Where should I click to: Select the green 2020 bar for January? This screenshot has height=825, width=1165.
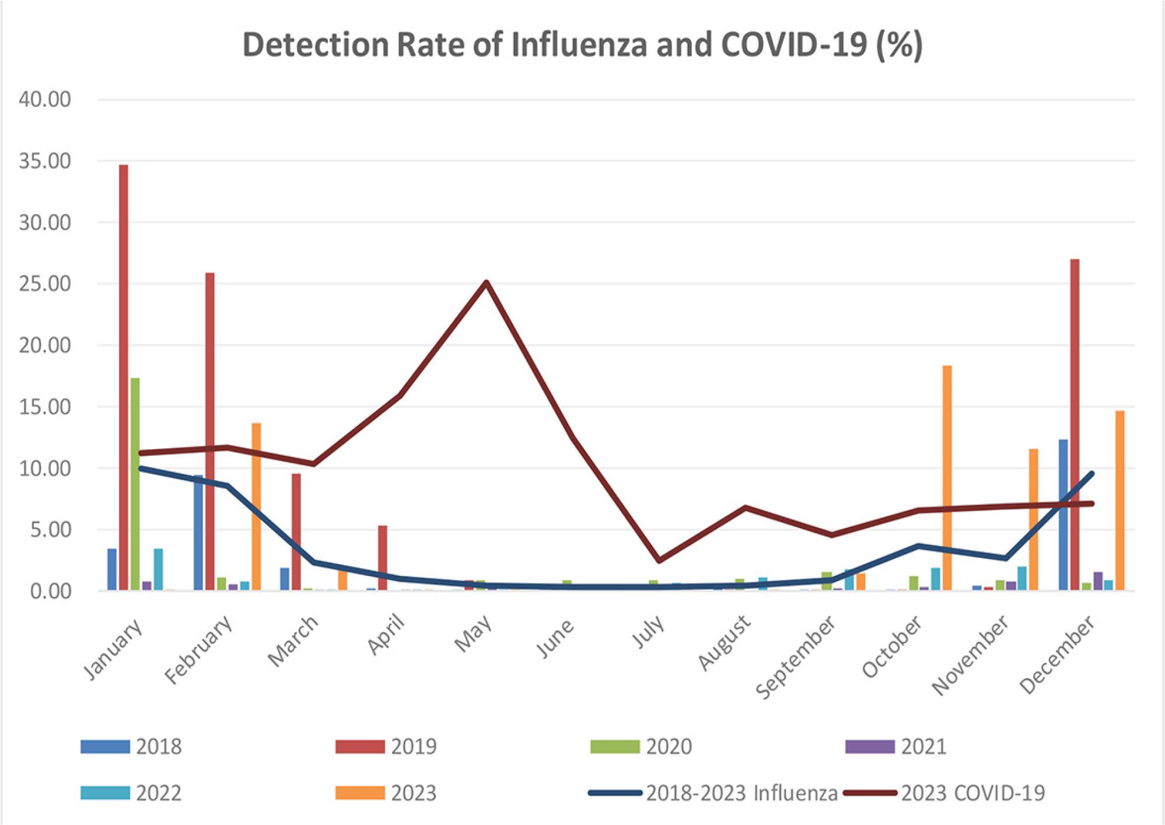coord(135,484)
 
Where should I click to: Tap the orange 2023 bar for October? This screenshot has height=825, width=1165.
coord(947,478)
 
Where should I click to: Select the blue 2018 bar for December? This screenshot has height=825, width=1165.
coord(1063,513)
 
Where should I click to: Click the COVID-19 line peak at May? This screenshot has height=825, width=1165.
coord(487,283)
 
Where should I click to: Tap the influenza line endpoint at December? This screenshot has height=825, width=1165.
coord(1091,474)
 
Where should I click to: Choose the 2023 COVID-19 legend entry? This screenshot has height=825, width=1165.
coord(945,793)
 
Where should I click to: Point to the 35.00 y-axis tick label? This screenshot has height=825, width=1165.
coord(45,161)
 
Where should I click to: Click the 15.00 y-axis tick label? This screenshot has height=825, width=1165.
coord(45,407)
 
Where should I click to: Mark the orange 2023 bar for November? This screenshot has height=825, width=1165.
coord(1033,519)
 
